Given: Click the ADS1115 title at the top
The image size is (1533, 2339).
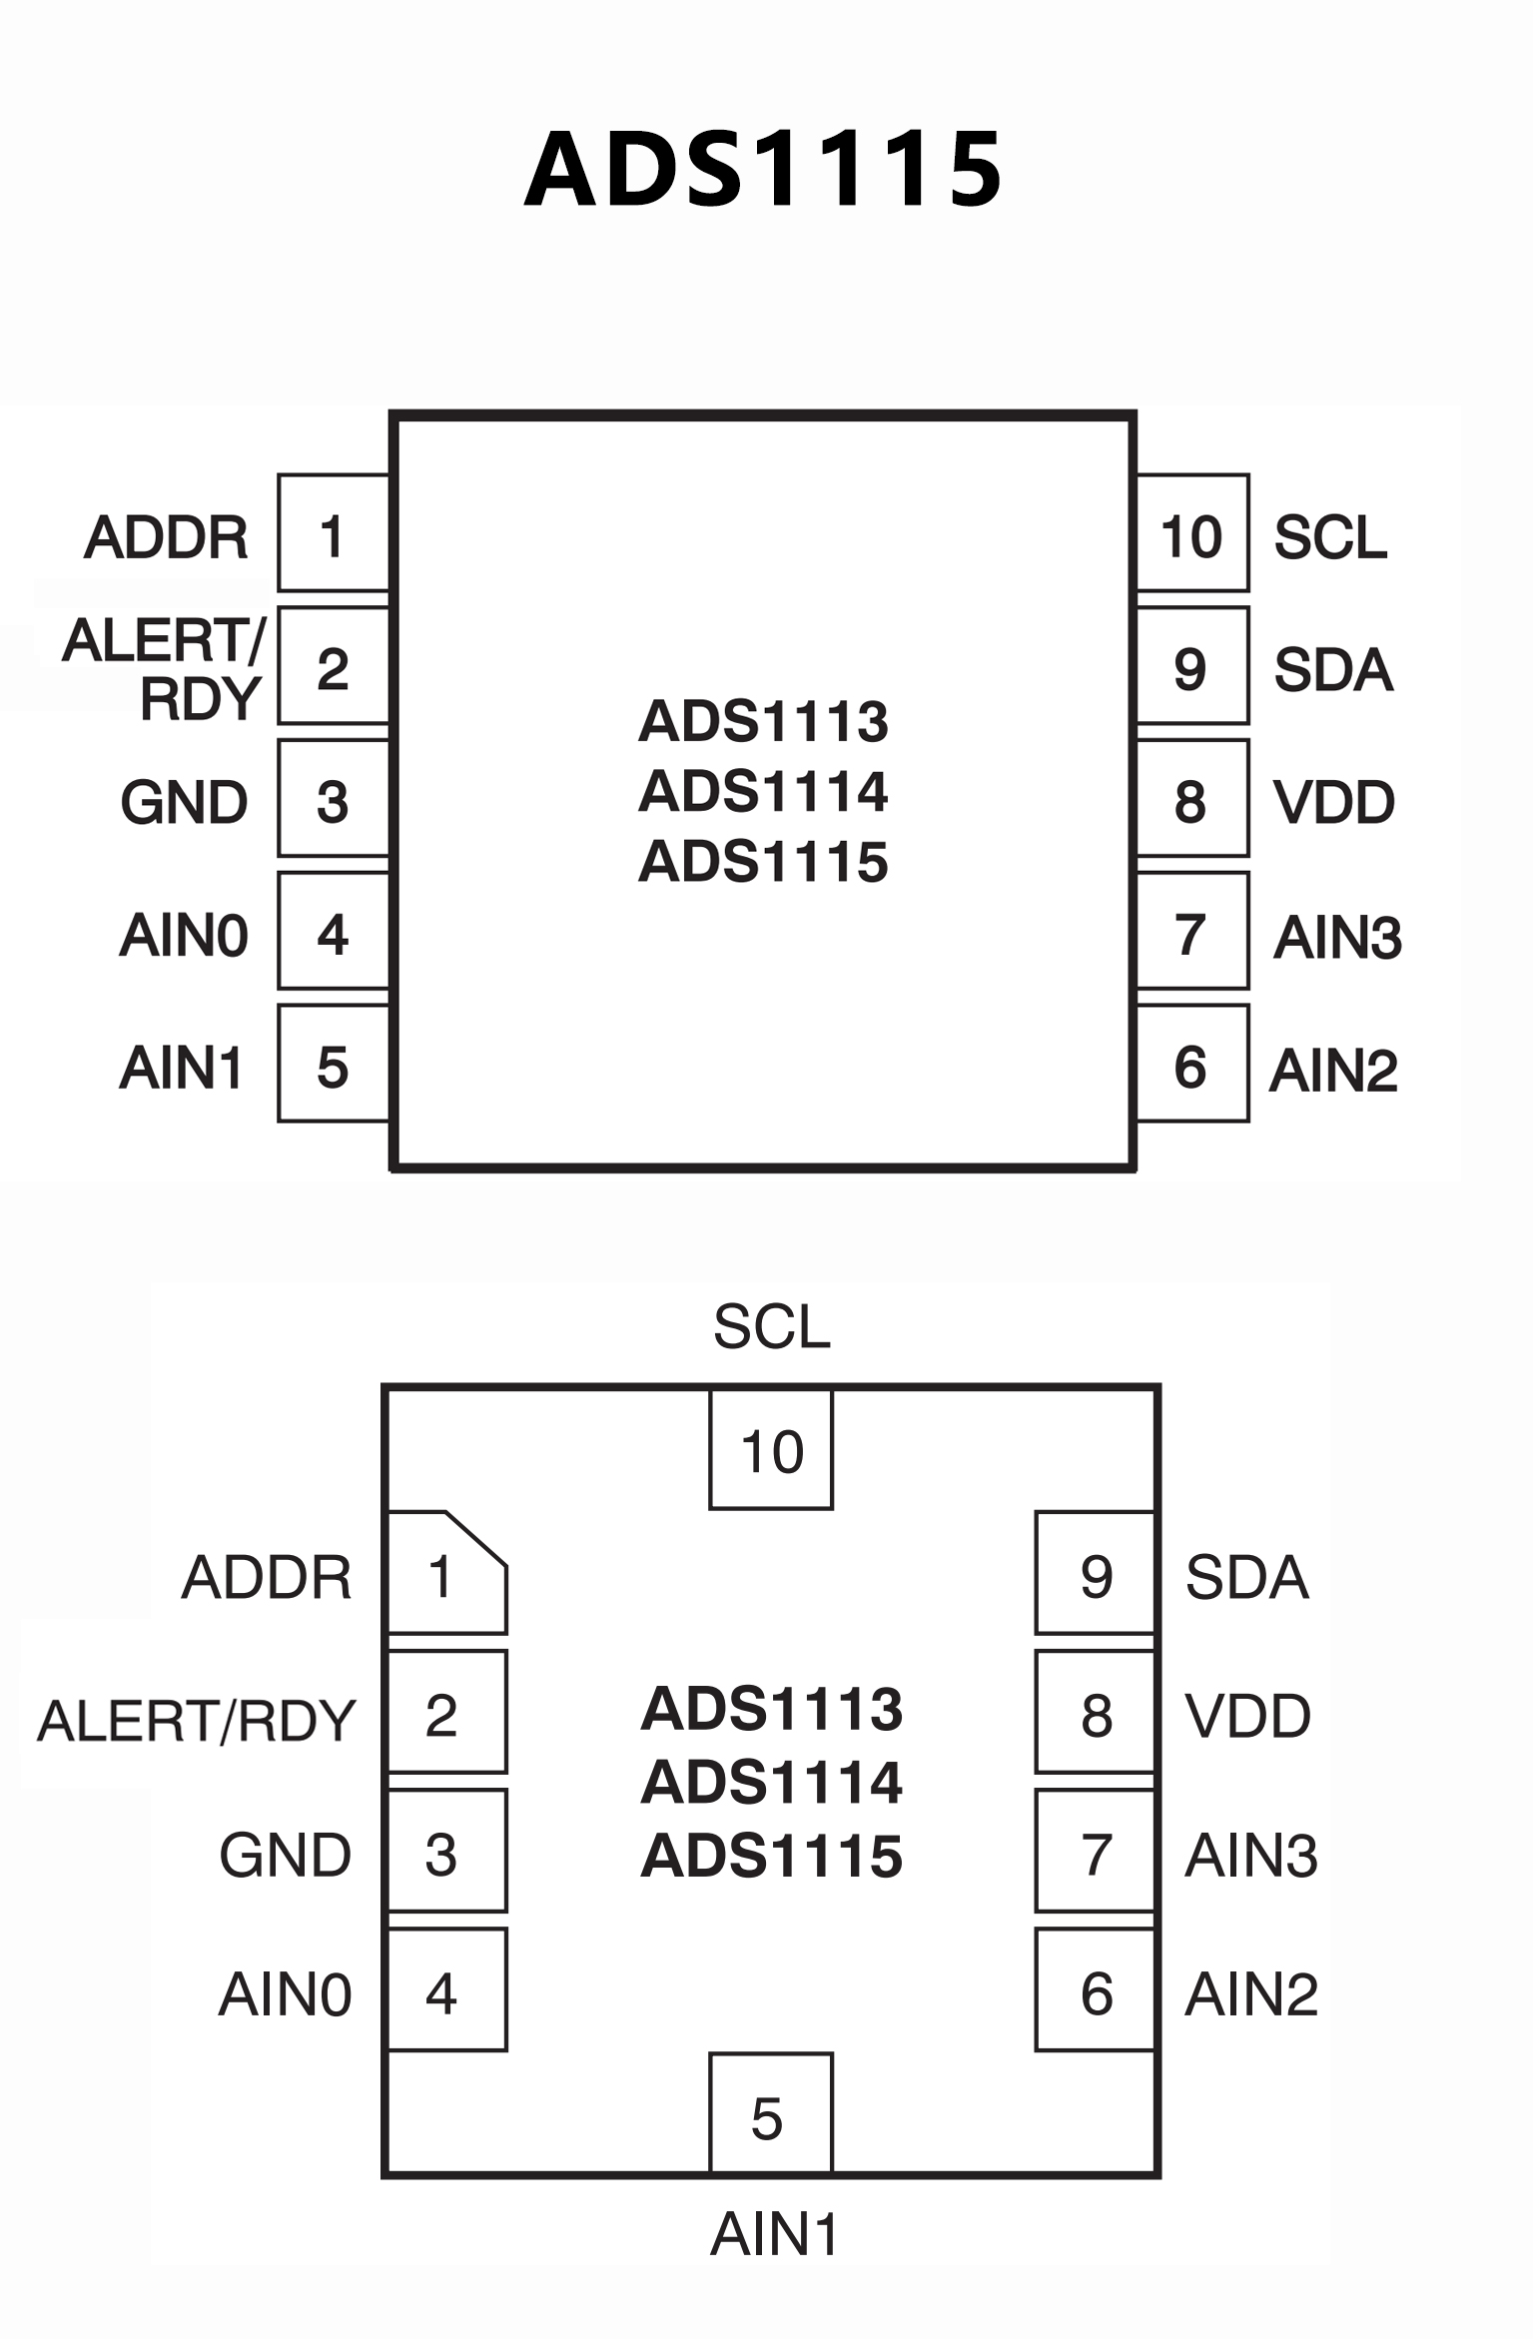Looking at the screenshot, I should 763,170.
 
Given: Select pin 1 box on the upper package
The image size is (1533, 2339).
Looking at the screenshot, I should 333,533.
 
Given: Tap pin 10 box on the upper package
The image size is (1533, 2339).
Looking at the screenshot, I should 1192,533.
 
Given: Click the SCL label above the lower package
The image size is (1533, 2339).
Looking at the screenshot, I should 771,1326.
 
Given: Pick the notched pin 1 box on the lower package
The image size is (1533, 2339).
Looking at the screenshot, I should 446,1573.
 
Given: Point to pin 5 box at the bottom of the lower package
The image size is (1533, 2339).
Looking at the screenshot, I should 770,2112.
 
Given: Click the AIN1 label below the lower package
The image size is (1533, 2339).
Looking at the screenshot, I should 774,2233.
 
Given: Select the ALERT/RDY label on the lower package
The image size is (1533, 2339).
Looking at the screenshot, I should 197,1720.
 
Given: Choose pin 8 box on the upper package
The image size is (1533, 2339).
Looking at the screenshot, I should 1192,799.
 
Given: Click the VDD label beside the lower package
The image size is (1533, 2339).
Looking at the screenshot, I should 1247,1716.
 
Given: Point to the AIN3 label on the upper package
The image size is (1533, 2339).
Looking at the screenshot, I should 1337,937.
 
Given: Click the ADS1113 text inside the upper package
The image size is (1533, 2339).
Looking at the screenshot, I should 763,721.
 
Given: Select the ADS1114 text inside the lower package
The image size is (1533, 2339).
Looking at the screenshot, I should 771,1782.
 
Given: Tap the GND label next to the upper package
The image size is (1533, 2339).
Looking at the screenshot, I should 184,802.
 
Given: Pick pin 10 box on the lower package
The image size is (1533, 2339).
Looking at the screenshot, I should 771,1450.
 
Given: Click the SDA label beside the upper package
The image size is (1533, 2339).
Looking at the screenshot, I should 1333,669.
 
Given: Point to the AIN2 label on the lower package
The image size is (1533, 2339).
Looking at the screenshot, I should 1251,1993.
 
